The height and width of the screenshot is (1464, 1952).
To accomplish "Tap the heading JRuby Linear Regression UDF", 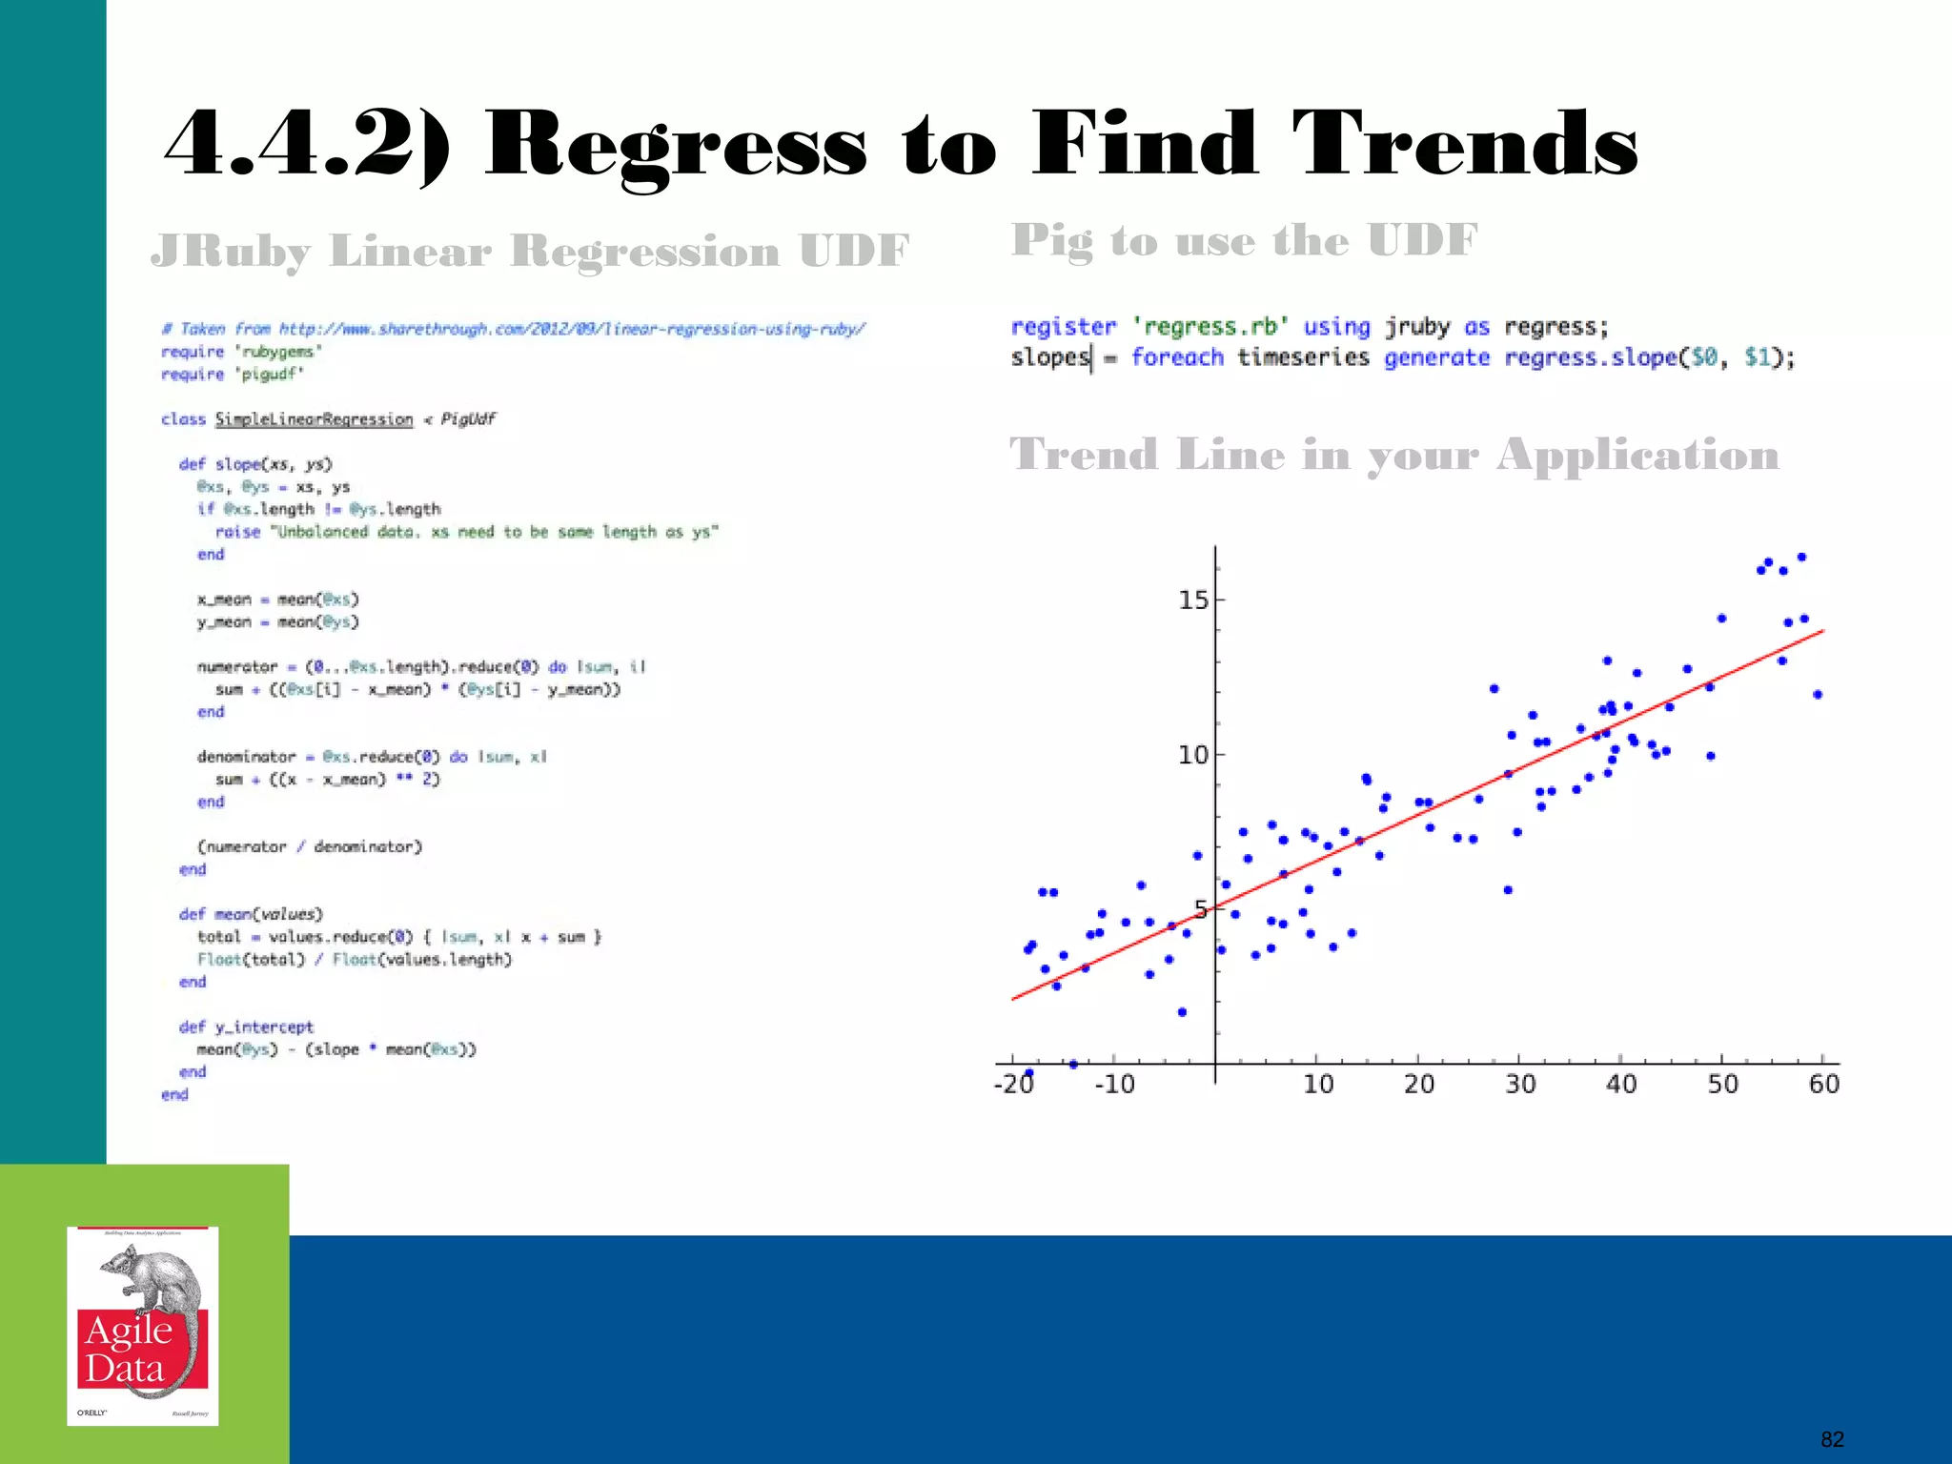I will tap(530, 252).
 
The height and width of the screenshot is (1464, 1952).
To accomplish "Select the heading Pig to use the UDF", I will tap(1244, 240).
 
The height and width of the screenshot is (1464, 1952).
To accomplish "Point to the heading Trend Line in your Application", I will tap(1393, 455).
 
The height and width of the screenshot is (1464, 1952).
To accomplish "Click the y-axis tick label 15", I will tap(1192, 600).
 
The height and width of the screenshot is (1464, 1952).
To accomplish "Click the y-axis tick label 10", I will tap(1192, 756).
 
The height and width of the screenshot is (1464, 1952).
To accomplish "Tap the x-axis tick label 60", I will tap(1823, 1085).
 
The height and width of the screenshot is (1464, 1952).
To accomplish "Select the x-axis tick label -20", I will tap(1013, 1085).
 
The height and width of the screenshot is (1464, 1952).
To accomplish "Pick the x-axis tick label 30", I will tap(1520, 1085).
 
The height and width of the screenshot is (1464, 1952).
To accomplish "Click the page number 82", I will tap(1832, 1439).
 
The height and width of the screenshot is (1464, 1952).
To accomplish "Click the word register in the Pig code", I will tap(1063, 327).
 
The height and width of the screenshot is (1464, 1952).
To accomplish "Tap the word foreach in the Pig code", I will tap(1177, 357).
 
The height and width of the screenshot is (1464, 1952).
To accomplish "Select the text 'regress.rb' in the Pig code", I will tap(1210, 327).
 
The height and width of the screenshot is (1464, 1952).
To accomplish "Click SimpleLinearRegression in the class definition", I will tap(314, 419).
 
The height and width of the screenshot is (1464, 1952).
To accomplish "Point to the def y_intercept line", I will tap(246, 1027).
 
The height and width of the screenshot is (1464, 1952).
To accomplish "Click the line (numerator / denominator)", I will tap(310, 846).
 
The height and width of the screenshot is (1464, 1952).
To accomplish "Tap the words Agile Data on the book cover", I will tap(129, 1349).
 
